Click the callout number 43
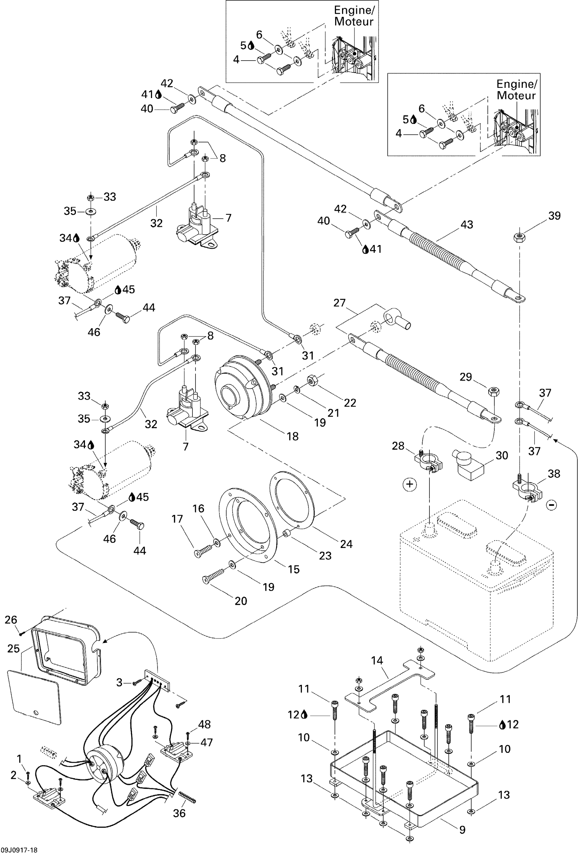pyautogui.click(x=467, y=224)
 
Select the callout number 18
pyautogui.click(x=292, y=436)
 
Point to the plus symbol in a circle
pyautogui.click(x=410, y=484)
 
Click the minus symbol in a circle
pyautogui.click(x=551, y=505)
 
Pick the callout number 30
pyautogui.click(x=502, y=455)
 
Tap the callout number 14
pyautogui.click(x=377, y=661)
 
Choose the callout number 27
pyautogui.click(x=340, y=303)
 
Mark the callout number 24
pyautogui.click(x=346, y=544)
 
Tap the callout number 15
pyautogui.click(x=294, y=569)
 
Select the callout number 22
pyautogui.click(x=350, y=403)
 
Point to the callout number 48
pyautogui.click(x=204, y=724)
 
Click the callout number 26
pyautogui.click(x=11, y=620)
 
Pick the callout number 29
pyautogui.click(x=466, y=377)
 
